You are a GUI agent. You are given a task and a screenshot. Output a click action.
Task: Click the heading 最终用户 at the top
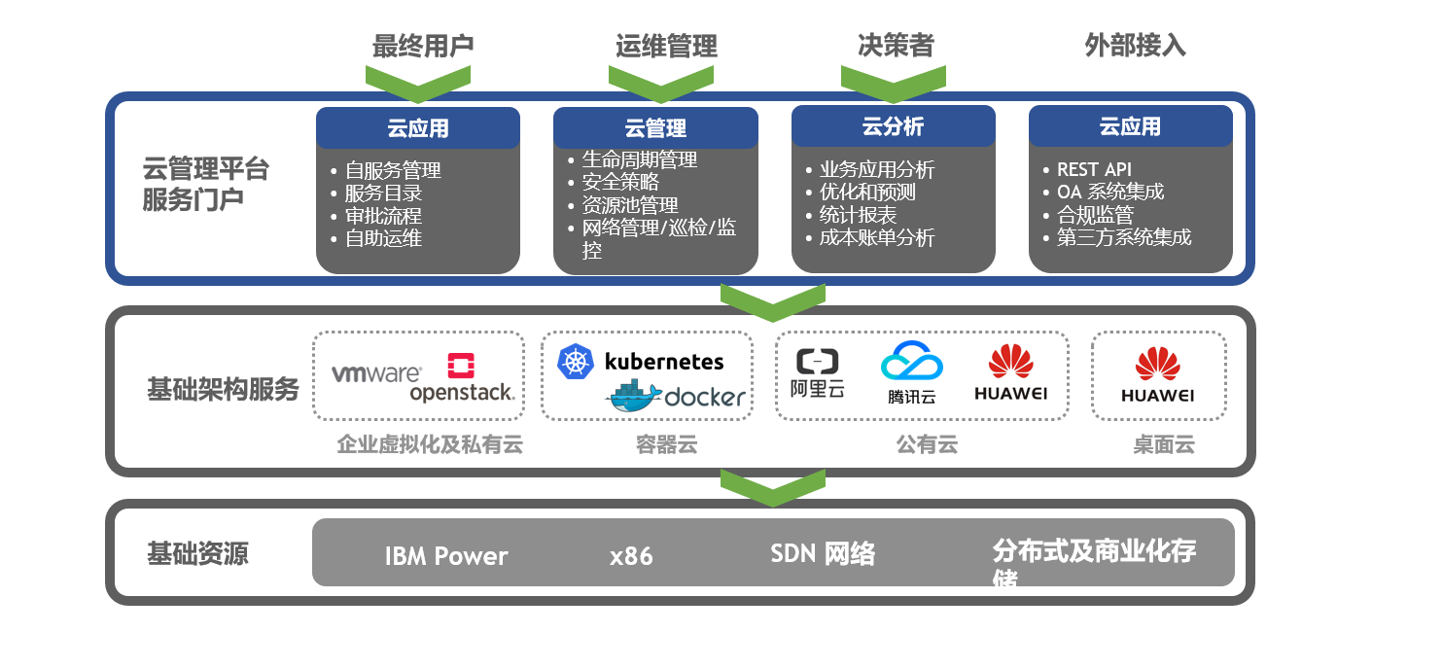coord(423,46)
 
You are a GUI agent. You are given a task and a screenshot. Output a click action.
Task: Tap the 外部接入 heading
coord(1135,46)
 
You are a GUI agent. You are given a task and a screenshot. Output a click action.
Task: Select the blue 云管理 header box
coord(655,127)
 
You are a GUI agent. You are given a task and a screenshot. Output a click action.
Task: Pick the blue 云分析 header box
coord(893,126)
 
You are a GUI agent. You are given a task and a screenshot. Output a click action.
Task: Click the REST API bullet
coord(1094,169)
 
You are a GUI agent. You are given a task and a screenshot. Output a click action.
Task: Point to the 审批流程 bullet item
coord(383,215)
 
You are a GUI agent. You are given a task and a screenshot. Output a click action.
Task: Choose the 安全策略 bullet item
coord(620,182)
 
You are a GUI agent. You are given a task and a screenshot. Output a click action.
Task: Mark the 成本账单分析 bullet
coord(876,237)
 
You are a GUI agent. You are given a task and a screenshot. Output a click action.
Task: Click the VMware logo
coord(375,373)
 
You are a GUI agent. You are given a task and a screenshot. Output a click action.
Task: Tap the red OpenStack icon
coord(461,366)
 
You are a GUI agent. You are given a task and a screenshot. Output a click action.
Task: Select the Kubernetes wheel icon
coord(576,362)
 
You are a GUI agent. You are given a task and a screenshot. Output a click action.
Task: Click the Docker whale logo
coord(635,394)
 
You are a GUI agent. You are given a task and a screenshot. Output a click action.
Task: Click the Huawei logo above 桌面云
coord(1157,374)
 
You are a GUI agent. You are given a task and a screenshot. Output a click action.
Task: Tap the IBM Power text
coord(446,556)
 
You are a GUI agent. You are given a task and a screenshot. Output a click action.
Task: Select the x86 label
coord(631,556)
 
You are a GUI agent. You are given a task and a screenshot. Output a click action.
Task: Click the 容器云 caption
coord(666,445)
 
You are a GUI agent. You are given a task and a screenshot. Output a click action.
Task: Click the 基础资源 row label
coord(197,553)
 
